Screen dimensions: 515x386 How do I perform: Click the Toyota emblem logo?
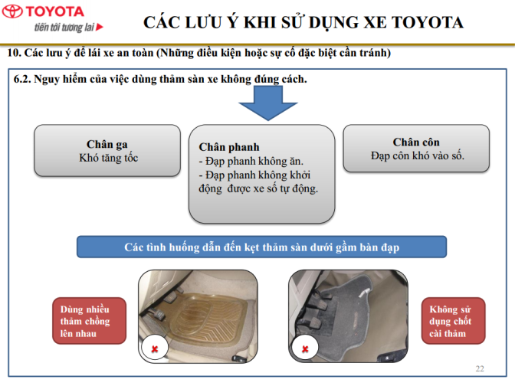tap(12, 11)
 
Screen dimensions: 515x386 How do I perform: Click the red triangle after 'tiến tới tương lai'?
tap(100, 27)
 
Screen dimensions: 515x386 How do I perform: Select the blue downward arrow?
tap(268, 103)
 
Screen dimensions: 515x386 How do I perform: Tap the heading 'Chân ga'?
tap(107, 144)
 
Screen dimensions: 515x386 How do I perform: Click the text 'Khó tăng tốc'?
tap(108, 158)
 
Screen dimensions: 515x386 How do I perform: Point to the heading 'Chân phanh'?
tap(229, 147)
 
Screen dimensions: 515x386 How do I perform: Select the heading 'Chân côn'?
tap(416, 142)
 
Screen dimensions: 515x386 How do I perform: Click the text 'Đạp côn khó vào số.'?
tap(418, 155)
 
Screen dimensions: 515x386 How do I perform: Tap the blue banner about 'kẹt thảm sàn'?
tap(262, 247)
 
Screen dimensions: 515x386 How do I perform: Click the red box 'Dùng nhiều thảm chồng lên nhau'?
tap(90, 321)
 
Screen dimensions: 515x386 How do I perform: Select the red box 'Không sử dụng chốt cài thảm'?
tap(453, 321)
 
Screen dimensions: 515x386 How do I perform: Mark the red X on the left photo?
tap(155, 349)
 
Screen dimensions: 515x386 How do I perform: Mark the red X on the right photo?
tap(305, 349)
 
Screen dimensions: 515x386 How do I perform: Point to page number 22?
tap(480, 368)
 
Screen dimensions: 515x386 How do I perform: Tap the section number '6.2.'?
tap(22, 79)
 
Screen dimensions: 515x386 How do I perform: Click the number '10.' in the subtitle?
tap(14, 53)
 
